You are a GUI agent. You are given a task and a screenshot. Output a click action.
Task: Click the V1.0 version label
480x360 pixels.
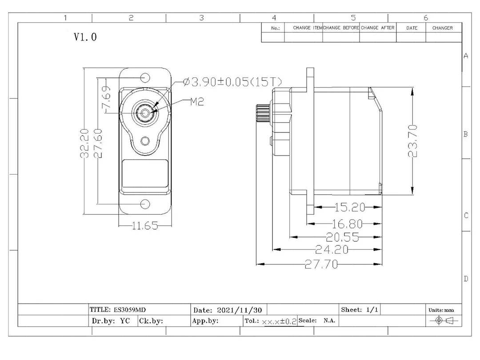[x=85, y=37]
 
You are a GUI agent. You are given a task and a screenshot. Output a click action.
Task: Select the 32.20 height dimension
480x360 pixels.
[x=85, y=143]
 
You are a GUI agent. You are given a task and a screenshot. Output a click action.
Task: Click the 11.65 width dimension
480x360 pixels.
[x=145, y=226]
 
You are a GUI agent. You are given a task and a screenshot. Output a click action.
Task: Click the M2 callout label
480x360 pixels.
[x=197, y=102]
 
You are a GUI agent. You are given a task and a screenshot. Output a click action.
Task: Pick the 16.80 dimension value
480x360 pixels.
[x=347, y=223]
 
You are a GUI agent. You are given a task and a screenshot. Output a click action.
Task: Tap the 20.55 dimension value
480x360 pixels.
[x=342, y=237]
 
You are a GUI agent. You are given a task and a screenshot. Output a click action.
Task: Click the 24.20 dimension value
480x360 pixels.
[x=331, y=249]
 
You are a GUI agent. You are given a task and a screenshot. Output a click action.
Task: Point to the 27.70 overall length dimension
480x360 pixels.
[x=321, y=264]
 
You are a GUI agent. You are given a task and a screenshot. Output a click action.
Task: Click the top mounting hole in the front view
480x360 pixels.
[x=145, y=78]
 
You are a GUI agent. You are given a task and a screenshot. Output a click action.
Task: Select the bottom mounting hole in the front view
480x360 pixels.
[x=145, y=204]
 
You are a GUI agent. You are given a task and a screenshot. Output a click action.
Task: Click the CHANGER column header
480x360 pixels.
[x=443, y=28]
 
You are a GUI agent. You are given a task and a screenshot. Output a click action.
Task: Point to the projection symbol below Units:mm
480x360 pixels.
[x=444, y=321]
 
